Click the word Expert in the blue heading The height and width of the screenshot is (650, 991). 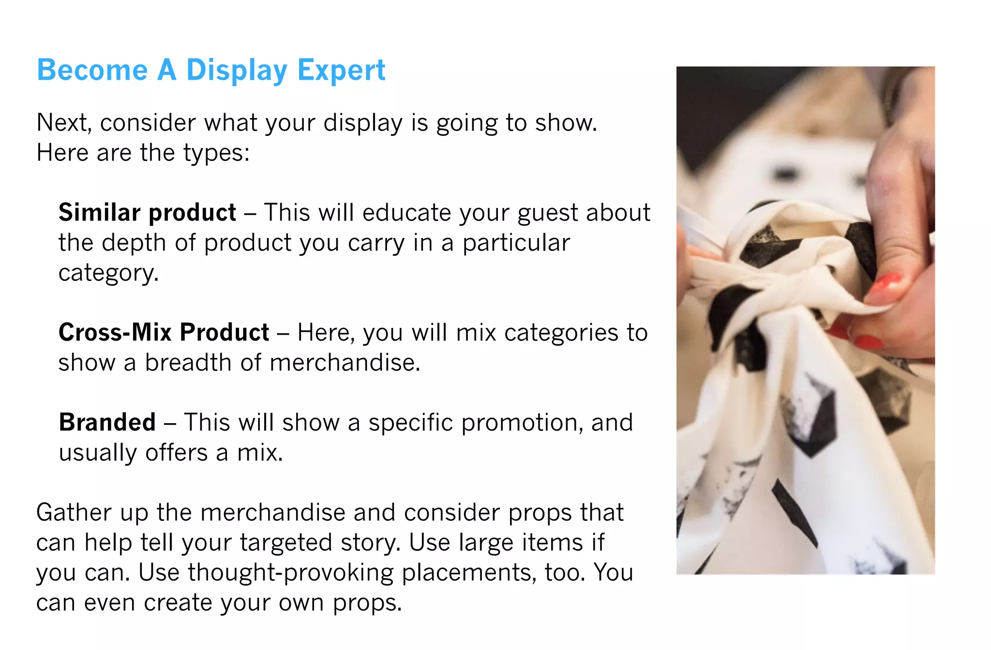[x=341, y=71]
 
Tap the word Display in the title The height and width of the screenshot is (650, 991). [x=237, y=71]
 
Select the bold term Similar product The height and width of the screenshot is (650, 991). [x=147, y=213]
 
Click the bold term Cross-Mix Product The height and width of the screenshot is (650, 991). [x=164, y=333]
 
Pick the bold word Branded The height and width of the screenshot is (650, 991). [x=107, y=423]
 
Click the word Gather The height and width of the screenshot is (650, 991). [x=74, y=513]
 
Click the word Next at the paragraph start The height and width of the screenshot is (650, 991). [x=63, y=123]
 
